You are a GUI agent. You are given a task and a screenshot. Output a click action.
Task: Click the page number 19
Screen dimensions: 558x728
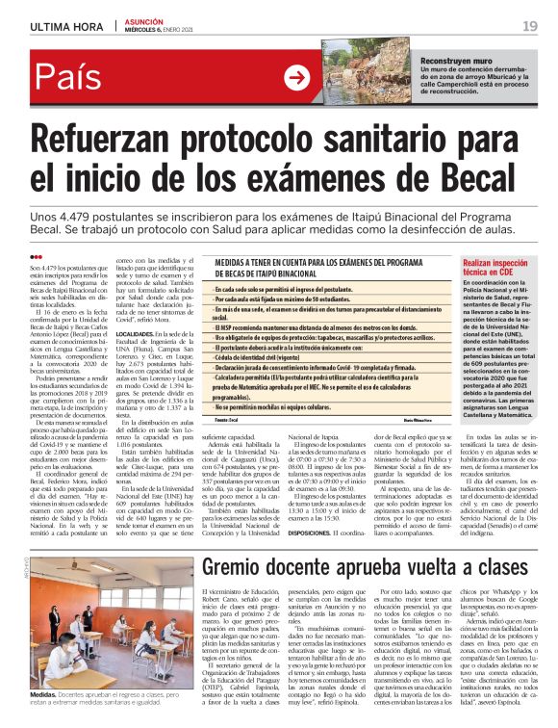tap(530, 25)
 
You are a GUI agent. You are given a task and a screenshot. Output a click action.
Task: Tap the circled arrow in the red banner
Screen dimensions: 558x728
tap(297, 80)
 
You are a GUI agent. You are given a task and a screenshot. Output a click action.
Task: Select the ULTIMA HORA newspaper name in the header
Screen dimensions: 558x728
tap(65, 25)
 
